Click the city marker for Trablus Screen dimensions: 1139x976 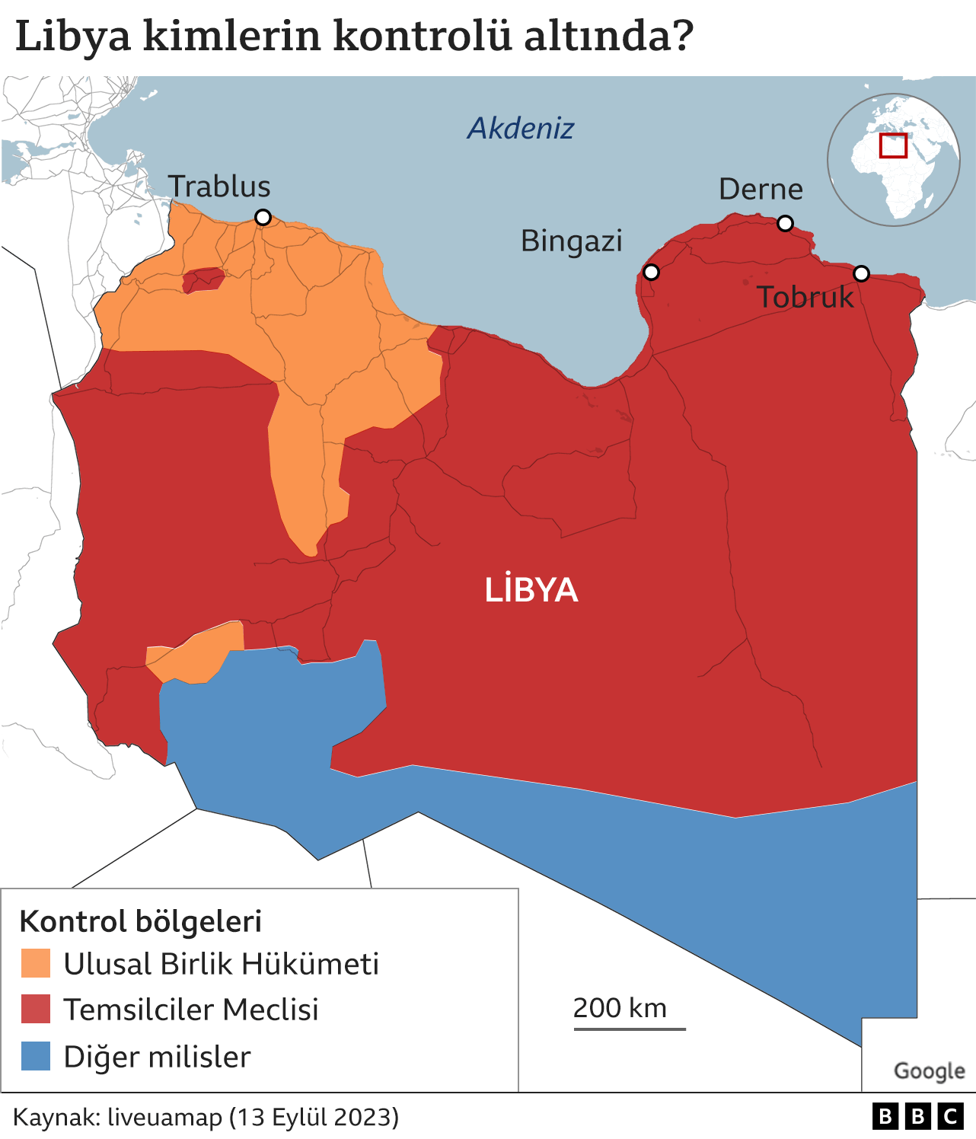click(263, 218)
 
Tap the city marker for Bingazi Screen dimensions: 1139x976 click(651, 272)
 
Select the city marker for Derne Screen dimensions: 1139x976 click(785, 223)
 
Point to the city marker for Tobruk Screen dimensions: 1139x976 click(861, 273)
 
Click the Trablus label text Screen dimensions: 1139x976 click(219, 187)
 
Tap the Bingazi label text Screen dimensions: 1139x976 click(571, 241)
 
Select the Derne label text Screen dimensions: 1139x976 click(761, 189)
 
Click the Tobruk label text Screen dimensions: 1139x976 click(805, 297)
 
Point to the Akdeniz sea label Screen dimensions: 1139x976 click(521, 128)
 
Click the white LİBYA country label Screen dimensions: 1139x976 click(531, 590)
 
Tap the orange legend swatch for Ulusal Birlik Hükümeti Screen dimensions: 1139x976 click(36, 963)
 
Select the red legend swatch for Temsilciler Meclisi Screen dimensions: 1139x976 click(36, 1009)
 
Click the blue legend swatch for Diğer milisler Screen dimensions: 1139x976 click(36, 1056)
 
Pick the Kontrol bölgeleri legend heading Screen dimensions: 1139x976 click(140, 921)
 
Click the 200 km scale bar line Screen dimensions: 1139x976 click(630, 1029)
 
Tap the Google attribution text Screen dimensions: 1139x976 click(929, 1070)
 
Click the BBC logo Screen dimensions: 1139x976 click(917, 1117)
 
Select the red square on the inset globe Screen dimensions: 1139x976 click(893, 145)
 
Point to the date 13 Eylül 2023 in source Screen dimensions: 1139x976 click(318, 1117)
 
